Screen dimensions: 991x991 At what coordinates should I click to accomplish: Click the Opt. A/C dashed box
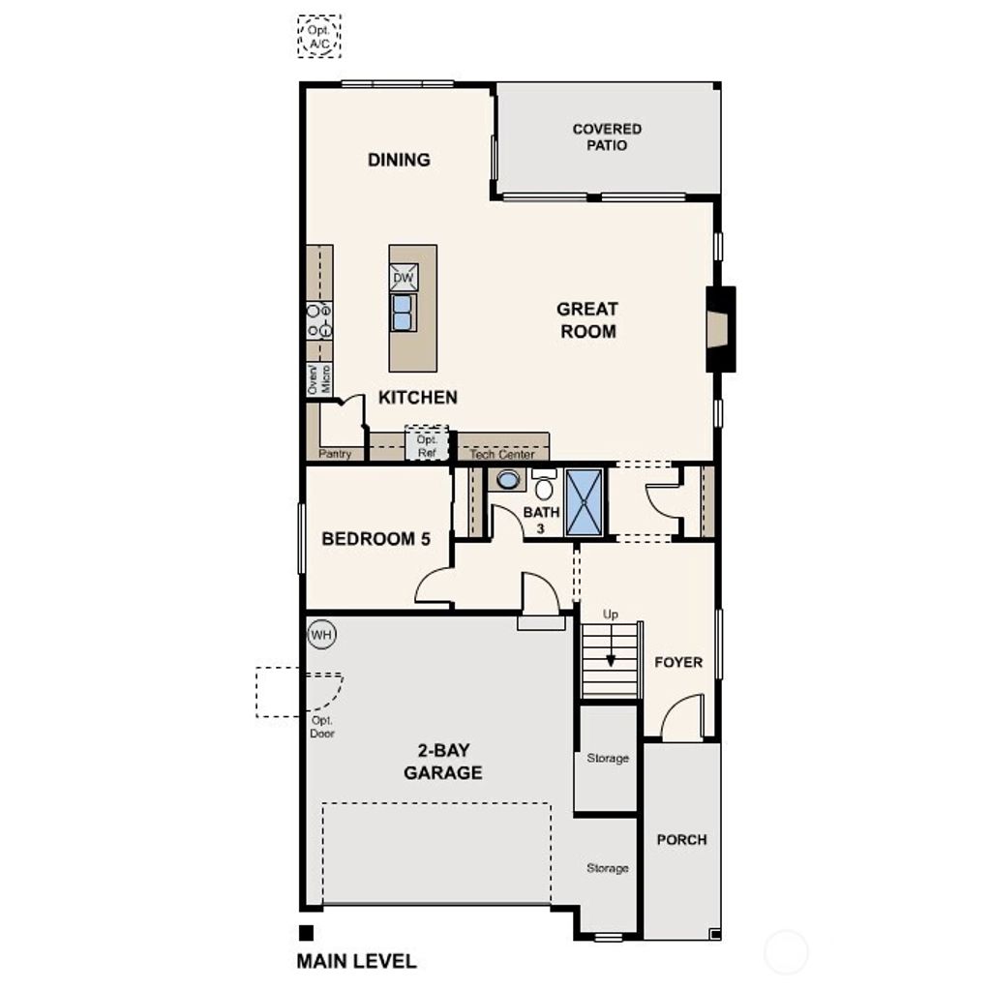pyautogui.click(x=319, y=36)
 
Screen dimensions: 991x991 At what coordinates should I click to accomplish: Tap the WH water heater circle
pyautogui.click(x=321, y=636)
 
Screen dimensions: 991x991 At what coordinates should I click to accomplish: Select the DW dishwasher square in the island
pyautogui.click(x=404, y=279)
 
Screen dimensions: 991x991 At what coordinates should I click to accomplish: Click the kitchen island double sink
pyautogui.click(x=404, y=313)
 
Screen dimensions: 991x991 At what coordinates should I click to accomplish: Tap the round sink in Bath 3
pyautogui.click(x=508, y=478)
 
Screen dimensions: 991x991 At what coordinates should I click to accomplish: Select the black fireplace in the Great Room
pyautogui.click(x=720, y=328)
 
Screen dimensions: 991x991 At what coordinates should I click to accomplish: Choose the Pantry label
pyautogui.click(x=335, y=454)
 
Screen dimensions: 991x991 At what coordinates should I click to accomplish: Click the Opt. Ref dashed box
pyautogui.click(x=427, y=444)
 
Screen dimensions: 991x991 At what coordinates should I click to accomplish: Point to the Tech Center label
pyautogui.click(x=501, y=454)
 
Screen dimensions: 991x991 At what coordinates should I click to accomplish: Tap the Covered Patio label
pyautogui.click(x=607, y=136)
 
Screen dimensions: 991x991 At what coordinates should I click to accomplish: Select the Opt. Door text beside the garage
pyautogui.click(x=322, y=727)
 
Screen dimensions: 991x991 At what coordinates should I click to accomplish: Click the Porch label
pyautogui.click(x=681, y=839)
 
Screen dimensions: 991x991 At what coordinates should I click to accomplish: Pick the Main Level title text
pyautogui.click(x=356, y=961)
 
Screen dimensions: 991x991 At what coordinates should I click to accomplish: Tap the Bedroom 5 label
pyautogui.click(x=375, y=539)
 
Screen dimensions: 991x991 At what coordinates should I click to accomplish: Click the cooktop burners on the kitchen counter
pyautogui.click(x=319, y=320)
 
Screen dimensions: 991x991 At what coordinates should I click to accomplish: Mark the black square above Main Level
pyautogui.click(x=306, y=933)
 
